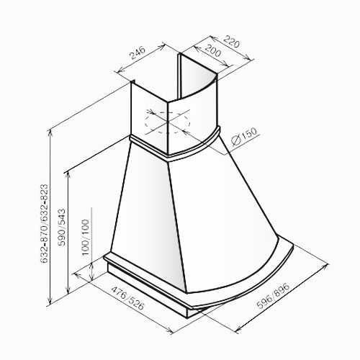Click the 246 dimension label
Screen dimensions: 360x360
pos(138,53)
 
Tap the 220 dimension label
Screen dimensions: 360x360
pos(232,42)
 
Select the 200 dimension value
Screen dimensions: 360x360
pos(213,50)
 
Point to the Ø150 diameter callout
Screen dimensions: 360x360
pos(244,136)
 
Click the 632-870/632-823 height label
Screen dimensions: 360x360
pos(44,224)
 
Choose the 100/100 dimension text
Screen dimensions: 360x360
pos(85,238)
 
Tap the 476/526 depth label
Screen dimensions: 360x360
pos(128,298)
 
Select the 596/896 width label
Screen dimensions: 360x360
pos(273,296)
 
